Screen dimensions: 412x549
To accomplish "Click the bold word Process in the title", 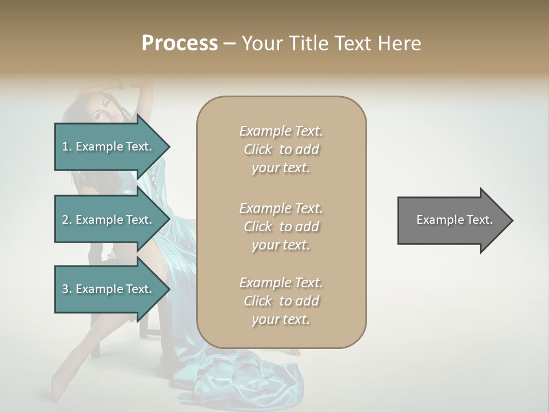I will coord(180,43).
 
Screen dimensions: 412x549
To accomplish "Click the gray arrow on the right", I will coord(452,220).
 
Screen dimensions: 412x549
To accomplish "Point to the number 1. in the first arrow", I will coord(67,147).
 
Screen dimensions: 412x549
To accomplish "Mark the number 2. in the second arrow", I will coord(67,220).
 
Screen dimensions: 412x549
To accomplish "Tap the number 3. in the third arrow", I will coord(67,290).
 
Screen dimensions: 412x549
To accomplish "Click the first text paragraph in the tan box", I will coord(281,149).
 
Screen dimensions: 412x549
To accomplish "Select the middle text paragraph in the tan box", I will coord(281,227).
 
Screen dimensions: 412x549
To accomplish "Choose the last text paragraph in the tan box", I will coord(281,301).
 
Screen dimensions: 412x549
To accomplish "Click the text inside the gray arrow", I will coord(454,220).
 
